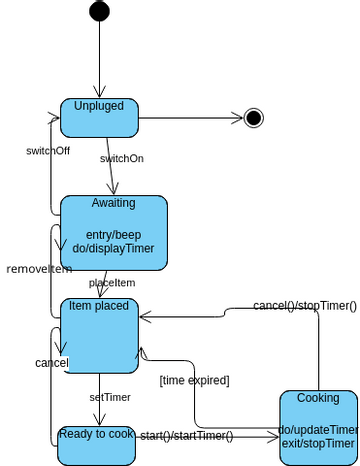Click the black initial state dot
pyautogui.click(x=99, y=11)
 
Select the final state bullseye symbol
pyautogui.click(x=254, y=118)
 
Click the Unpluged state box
pyautogui.click(x=98, y=118)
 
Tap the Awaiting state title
pyautogui.click(x=113, y=202)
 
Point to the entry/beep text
pyautogui.click(x=113, y=234)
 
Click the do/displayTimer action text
pyautogui.click(x=113, y=249)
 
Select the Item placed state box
pyautogui.click(x=98, y=335)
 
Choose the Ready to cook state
pyautogui.click(x=96, y=433)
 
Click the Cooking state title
pyautogui.click(x=318, y=398)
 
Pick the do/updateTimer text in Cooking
pyautogui.click(x=317, y=430)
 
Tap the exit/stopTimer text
pyautogui.click(x=318, y=443)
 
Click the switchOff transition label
pyautogui.click(x=47, y=150)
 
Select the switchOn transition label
pyautogui.click(x=121, y=158)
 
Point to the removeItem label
pyautogui.click(x=39, y=269)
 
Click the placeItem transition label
pyautogui.click(x=112, y=282)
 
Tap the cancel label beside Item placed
pyautogui.click(x=51, y=362)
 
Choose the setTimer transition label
pyautogui.click(x=110, y=396)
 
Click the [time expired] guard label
pyautogui.click(x=194, y=379)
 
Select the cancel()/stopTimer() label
pyautogui.click(x=304, y=305)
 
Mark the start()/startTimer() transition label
pyautogui.click(x=186, y=435)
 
